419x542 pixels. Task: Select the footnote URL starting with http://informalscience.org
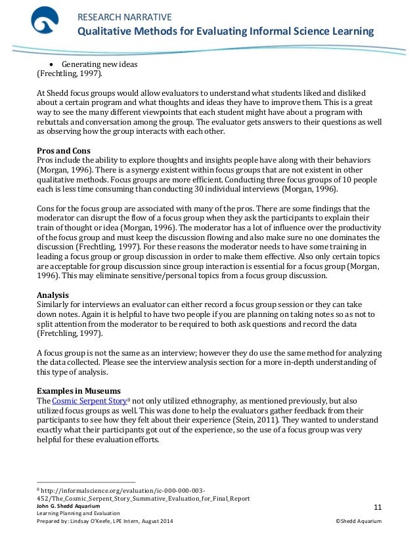pyautogui.click(x=125, y=490)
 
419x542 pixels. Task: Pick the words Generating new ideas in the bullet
pyautogui.click(x=100, y=65)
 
